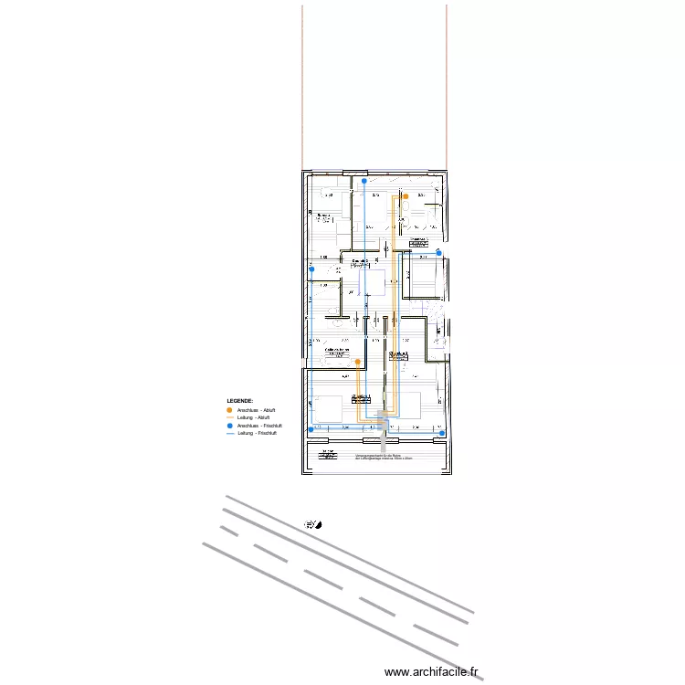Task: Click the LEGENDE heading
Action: [240, 401]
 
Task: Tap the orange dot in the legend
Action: [229, 410]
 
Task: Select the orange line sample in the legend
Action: [229, 417]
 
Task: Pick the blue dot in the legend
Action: [229, 426]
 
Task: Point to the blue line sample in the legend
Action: [229, 433]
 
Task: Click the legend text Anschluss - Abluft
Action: [256, 410]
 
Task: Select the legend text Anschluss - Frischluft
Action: [258, 426]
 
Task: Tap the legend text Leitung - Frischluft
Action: [257, 433]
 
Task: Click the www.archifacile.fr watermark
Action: [432, 671]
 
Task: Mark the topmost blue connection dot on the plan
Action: [364, 181]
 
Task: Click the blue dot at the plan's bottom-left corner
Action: [312, 429]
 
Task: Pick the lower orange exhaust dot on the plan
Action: [357, 362]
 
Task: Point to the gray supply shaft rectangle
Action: [384, 432]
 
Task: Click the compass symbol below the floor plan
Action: [311, 524]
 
